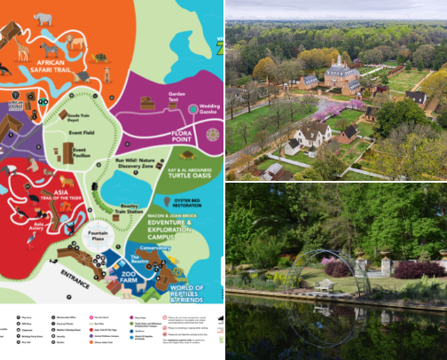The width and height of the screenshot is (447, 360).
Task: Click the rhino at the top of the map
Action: coord(43,17)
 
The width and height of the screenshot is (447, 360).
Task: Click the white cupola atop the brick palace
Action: coord(337,60)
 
